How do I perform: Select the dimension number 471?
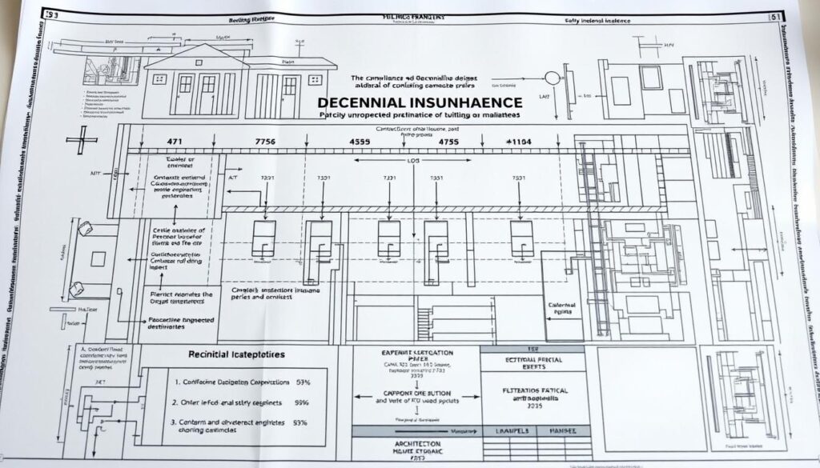pyautogui.click(x=175, y=140)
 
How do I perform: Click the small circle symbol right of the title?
pyautogui.click(x=552, y=78)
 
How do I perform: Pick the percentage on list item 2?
pyautogui.click(x=303, y=404)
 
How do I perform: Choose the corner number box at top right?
pyautogui.click(x=774, y=14)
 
